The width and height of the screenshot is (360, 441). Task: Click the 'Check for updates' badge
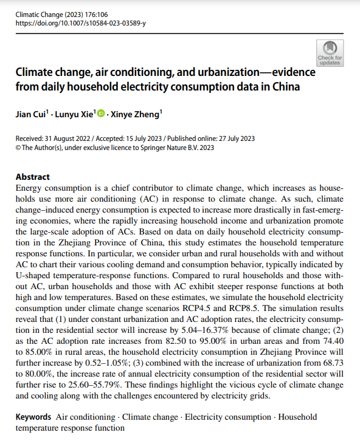pos(330,53)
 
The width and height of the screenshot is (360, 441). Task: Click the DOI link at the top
pos(80,23)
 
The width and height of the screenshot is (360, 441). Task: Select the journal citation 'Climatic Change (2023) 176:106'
pos(61,15)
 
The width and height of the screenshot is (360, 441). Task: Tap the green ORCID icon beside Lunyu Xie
pos(101,113)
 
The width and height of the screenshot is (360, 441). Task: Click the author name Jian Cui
pos(30,114)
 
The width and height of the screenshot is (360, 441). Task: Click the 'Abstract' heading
pos(33,177)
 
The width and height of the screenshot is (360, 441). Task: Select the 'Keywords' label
pos(33,417)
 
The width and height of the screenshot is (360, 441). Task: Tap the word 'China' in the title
pos(286,86)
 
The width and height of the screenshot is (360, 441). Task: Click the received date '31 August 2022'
pos(67,138)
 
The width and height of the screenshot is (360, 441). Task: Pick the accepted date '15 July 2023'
pos(144,138)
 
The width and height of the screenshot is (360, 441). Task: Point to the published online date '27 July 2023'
pos(237,138)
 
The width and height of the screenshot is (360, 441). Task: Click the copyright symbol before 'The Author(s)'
pos(18,148)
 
